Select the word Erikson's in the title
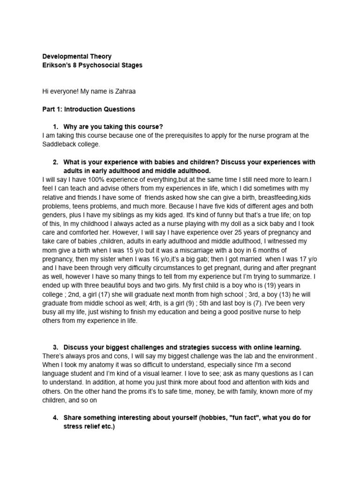click(x=57, y=65)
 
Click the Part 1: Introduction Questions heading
click(x=89, y=109)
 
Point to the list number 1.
click(x=55, y=127)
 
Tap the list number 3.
click(x=55, y=347)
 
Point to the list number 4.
click(x=55, y=418)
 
